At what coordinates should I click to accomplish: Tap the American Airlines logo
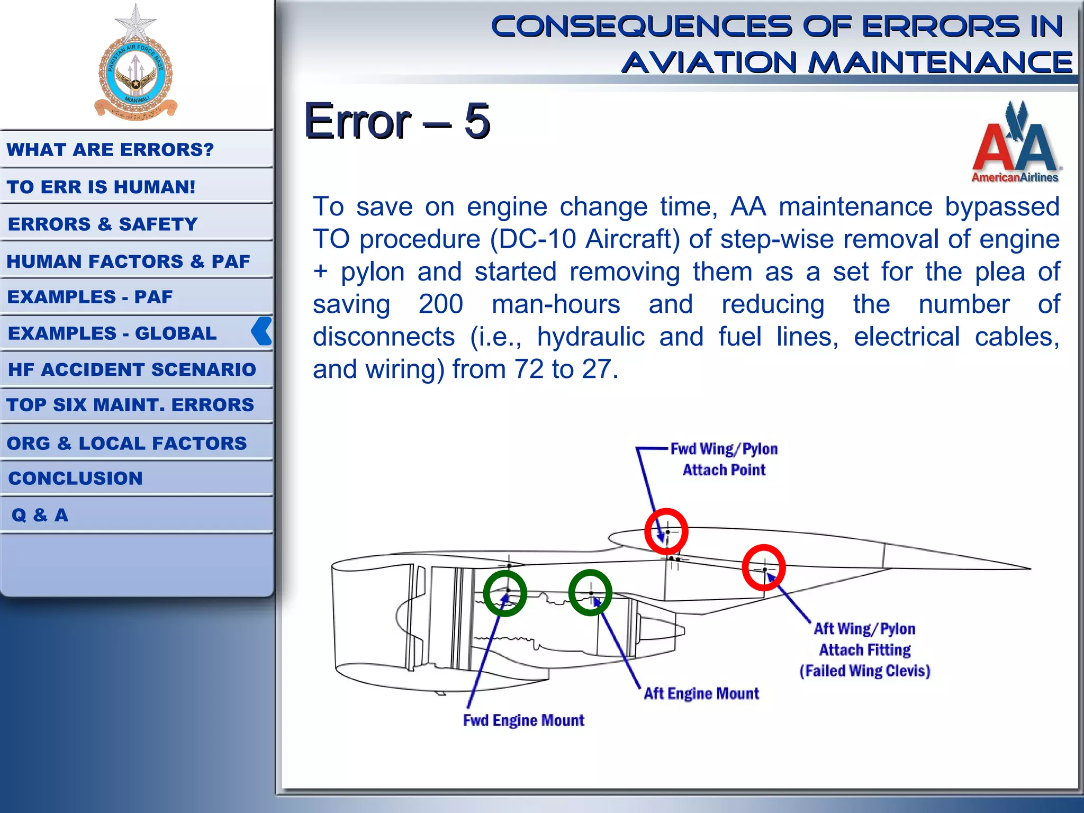coord(1015,143)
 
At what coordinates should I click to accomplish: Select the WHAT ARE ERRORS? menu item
coord(110,150)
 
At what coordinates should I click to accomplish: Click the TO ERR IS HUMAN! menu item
coord(101,187)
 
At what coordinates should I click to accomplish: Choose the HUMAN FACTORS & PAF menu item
coord(128,261)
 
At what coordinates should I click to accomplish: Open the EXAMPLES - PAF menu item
coord(90,297)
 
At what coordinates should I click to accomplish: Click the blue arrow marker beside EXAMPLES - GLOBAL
coord(262,331)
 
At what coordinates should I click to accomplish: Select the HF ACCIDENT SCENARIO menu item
coord(132,369)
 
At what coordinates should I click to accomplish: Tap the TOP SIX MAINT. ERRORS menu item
coord(130,405)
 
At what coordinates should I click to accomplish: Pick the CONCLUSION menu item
coord(76,478)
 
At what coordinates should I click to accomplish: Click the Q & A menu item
coord(40,515)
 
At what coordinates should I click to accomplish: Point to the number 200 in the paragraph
coord(440,304)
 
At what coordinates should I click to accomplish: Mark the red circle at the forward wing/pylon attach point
coord(666,531)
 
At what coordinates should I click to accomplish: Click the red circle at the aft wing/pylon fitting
coord(764,567)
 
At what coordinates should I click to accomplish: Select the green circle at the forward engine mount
coord(505,593)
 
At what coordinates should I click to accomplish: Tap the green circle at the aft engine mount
coord(590,592)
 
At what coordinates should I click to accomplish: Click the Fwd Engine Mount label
coord(523,720)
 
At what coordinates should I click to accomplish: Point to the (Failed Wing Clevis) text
coord(864,671)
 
